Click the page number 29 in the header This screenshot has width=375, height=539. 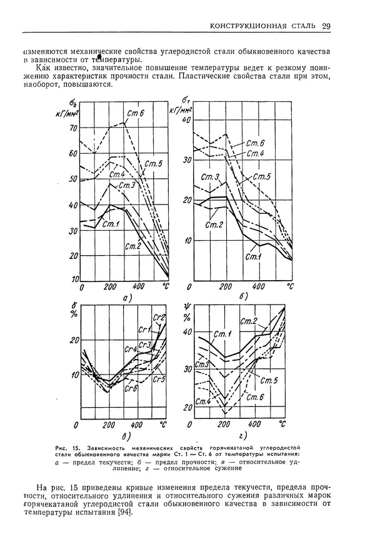326,26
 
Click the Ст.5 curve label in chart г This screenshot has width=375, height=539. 269,381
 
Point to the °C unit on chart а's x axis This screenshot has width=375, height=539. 166,286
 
